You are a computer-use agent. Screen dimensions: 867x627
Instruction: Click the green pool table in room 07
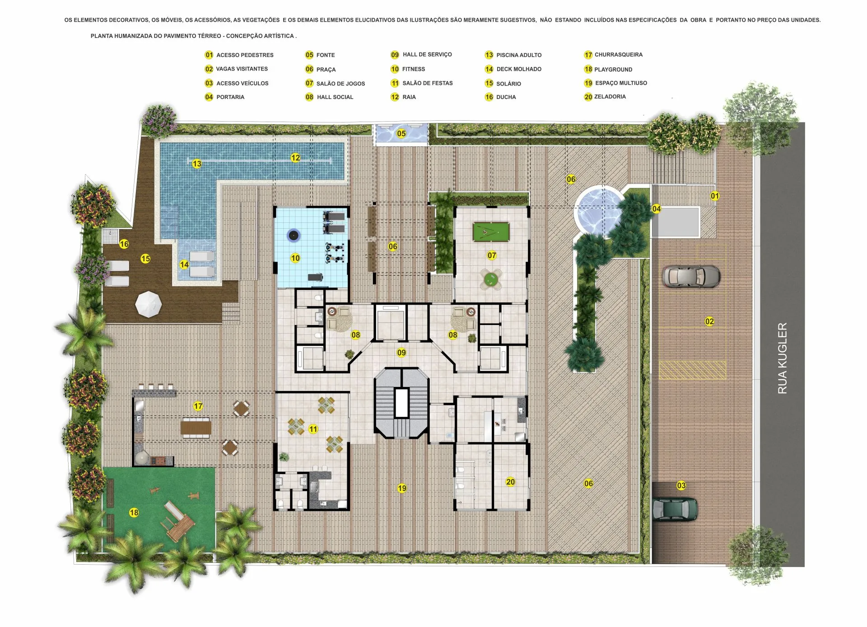[x=491, y=232]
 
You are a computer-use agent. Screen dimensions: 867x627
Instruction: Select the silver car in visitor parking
[x=691, y=276]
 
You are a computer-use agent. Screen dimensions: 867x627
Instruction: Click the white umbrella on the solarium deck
[x=149, y=304]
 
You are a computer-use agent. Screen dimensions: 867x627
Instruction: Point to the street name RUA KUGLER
[x=782, y=358]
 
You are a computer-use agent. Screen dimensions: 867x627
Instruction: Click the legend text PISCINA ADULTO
[x=519, y=55]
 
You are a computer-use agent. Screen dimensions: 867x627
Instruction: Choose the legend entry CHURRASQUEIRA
[x=618, y=55]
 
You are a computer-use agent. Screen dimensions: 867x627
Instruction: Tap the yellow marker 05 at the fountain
[x=401, y=133]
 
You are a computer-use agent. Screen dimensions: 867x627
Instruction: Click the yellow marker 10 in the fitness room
[x=295, y=258]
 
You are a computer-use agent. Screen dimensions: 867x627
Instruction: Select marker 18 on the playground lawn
[x=134, y=513]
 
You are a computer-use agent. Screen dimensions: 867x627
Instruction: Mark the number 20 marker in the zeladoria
[x=510, y=482]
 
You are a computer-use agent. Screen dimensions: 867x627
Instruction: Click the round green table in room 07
[x=490, y=280]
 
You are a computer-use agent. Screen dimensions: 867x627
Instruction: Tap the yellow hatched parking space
[x=692, y=370]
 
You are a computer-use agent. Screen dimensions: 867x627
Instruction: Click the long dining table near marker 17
[x=196, y=427]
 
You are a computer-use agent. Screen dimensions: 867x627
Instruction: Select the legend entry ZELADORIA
[x=610, y=97]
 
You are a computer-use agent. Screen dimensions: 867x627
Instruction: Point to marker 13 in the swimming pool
[x=196, y=164]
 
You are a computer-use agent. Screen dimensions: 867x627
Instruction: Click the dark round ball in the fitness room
[x=294, y=235]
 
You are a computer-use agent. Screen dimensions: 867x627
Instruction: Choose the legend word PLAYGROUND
[x=613, y=70]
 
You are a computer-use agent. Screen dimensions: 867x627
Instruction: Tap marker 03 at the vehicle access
[x=681, y=486]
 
